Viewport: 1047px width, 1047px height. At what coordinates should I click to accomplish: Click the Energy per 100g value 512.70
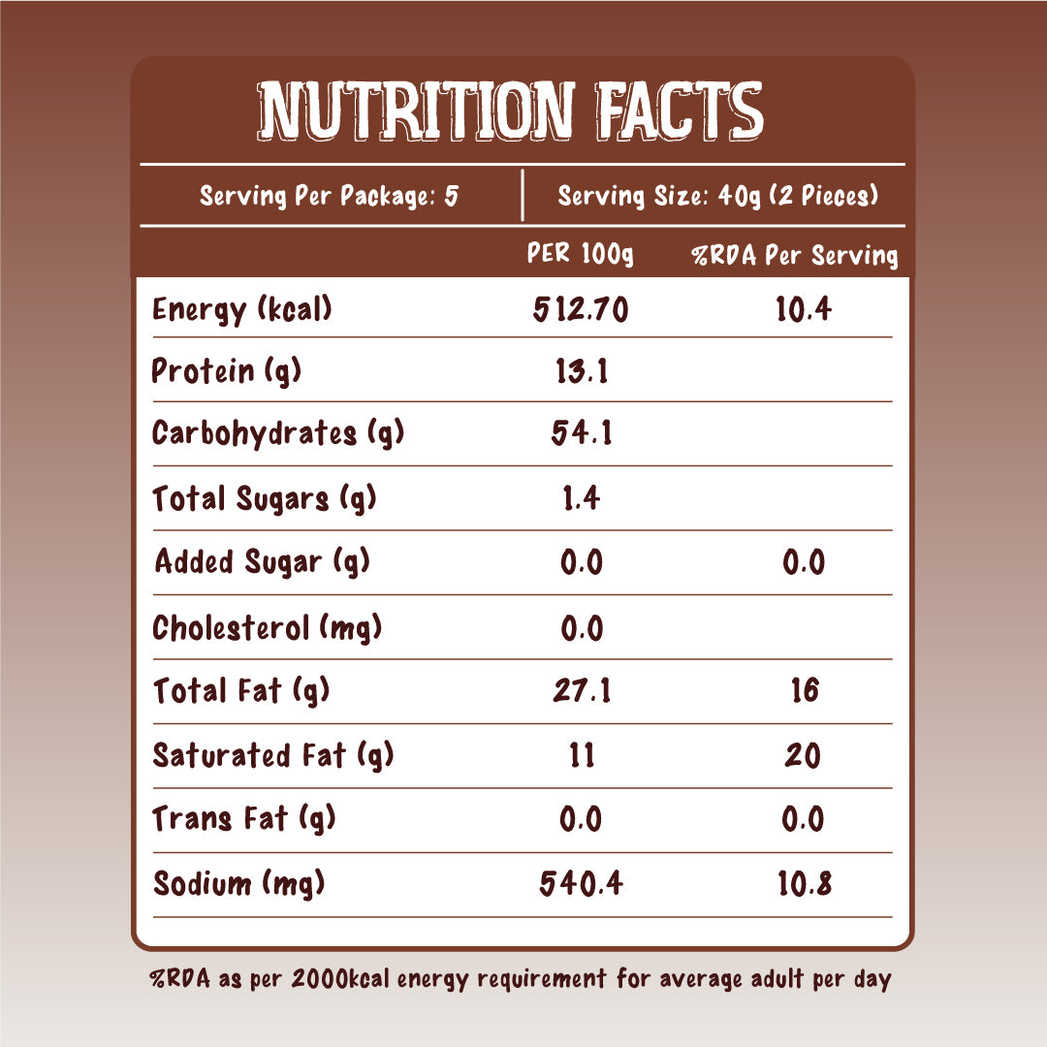coord(581,310)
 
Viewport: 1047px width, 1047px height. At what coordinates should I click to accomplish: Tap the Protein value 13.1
coord(581,370)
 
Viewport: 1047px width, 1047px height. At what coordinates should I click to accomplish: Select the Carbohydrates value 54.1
coord(581,433)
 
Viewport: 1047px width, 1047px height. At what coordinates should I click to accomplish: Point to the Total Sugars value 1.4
coord(581,498)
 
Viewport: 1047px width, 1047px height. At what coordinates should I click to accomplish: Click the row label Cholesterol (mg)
coord(268,628)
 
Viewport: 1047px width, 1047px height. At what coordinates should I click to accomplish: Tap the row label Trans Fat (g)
coord(244,819)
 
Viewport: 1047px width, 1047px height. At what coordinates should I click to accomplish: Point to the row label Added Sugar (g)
coord(262,561)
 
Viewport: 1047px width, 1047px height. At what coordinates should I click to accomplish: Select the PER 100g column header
coord(580,255)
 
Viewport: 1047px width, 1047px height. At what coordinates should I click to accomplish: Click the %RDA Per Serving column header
coord(794,256)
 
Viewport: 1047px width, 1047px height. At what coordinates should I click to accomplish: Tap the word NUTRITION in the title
coord(418,110)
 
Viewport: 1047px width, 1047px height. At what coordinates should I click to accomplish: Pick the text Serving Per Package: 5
coord(329,196)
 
